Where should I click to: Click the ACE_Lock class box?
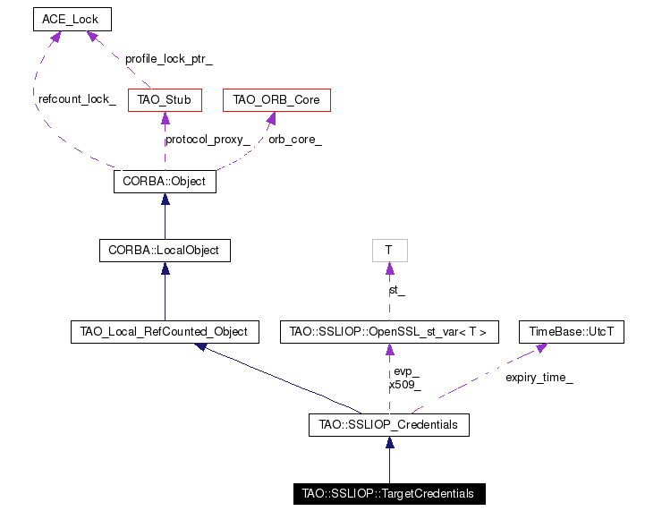(72, 20)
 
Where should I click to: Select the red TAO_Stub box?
(165, 100)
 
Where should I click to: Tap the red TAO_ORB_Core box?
(276, 100)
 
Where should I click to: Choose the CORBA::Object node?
(165, 182)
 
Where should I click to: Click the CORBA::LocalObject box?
(165, 251)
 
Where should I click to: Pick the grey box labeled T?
(390, 251)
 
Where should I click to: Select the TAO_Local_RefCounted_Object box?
(165, 332)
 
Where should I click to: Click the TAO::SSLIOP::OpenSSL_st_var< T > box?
(389, 332)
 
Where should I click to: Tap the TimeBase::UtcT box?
(572, 332)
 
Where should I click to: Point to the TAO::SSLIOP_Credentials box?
(389, 425)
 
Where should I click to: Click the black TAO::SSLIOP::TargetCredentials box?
(389, 494)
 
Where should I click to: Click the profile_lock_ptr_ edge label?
(169, 59)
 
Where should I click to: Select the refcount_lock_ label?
(77, 99)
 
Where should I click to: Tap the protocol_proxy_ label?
(208, 140)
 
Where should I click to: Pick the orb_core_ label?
(295, 140)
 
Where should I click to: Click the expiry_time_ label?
(539, 378)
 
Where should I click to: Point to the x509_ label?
(405, 385)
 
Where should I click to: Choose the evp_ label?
(406, 371)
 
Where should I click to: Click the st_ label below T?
(397, 291)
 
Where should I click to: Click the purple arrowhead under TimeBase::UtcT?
(542, 348)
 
